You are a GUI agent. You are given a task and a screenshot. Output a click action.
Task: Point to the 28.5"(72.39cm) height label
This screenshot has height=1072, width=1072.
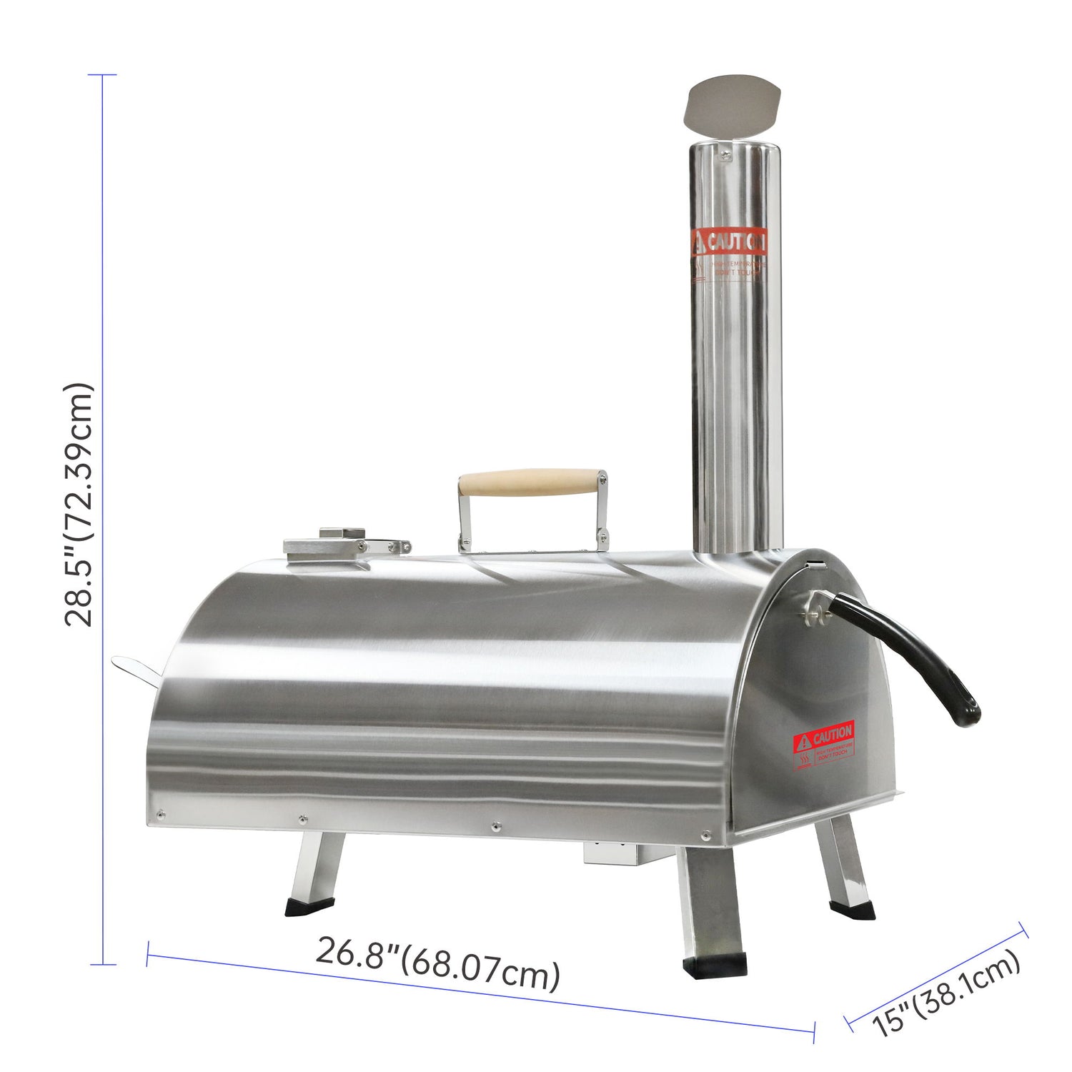[x=79, y=505]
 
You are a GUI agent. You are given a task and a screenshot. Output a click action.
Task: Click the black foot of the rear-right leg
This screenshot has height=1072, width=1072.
[x=853, y=910]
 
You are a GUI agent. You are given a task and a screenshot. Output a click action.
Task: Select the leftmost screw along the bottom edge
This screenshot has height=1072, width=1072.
[x=160, y=813]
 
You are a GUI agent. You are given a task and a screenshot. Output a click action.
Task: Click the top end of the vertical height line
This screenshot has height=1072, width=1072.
[x=104, y=75]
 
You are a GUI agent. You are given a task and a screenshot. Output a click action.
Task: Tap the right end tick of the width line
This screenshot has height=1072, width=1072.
[x=815, y=1031]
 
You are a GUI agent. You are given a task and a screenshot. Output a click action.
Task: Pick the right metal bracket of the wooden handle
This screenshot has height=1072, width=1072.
[x=602, y=511]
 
